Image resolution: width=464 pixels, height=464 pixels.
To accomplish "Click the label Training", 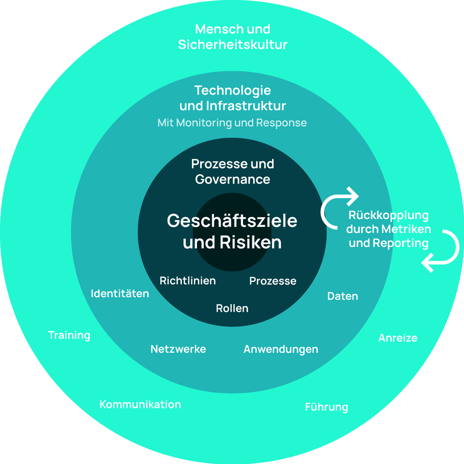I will [69, 335].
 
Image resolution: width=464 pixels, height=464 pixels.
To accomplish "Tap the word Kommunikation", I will [140, 404].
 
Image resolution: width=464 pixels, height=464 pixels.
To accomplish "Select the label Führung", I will [326, 407].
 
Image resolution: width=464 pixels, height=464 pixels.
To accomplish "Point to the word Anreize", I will [398, 338].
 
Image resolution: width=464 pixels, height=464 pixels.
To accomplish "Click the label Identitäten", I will [120, 293].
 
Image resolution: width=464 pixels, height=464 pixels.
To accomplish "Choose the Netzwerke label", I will [178, 349].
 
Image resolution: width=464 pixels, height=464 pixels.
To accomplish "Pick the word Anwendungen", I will [281, 349].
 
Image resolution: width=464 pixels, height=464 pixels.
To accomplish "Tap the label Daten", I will [343, 296].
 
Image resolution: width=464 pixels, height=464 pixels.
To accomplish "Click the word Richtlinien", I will [188, 281].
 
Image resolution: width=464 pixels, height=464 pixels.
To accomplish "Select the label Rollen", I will [232, 308].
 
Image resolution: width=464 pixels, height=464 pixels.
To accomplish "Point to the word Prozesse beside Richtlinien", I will [273, 281].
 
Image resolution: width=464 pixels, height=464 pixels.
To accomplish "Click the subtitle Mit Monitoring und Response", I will [232, 123].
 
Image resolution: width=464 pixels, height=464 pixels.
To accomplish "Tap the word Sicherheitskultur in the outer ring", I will [233, 45].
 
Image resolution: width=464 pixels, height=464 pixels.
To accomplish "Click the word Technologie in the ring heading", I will [233, 90].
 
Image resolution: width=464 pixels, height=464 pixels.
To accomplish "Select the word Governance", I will [233, 179].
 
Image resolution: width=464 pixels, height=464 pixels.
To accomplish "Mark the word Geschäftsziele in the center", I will [232, 221].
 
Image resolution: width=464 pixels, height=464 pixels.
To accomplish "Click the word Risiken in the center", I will [251, 242].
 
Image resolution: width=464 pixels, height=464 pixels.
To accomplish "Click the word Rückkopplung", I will [389, 215].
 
